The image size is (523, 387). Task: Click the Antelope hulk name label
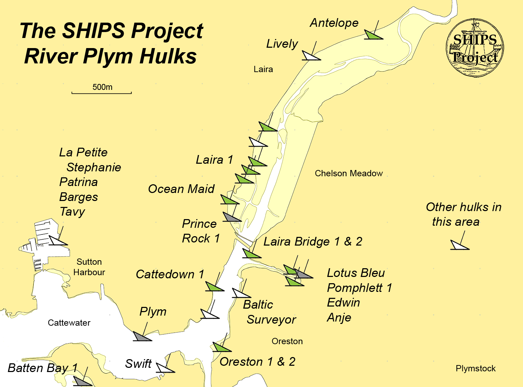pyautogui.click(x=334, y=23)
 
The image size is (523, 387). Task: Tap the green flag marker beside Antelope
pyautogui.click(x=372, y=35)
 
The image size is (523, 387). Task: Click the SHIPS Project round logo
pyautogui.click(x=475, y=48)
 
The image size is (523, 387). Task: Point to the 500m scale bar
pyautogui.click(x=101, y=93)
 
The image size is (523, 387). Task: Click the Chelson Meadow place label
pyautogui.click(x=349, y=173)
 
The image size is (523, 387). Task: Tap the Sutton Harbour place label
pyautogui.click(x=89, y=267)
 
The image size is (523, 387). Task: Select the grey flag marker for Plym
pyautogui.click(x=141, y=336)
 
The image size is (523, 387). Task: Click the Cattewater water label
pyautogui.click(x=69, y=323)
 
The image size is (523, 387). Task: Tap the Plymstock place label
pyautogui.click(x=476, y=369)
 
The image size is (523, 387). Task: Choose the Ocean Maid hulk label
pyautogui.click(x=181, y=189)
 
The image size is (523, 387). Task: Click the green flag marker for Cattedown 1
pyautogui.click(x=213, y=287)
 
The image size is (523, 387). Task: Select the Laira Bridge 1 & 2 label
pyautogui.click(x=313, y=241)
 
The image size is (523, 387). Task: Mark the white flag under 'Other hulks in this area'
pyautogui.click(x=459, y=245)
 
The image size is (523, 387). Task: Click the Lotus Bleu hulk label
pyautogui.click(x=356, y=273)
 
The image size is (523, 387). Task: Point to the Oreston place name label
pyautogui.click(x=287, y=341)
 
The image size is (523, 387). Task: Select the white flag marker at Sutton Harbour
pyautogui.click(x=57, y=241)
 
